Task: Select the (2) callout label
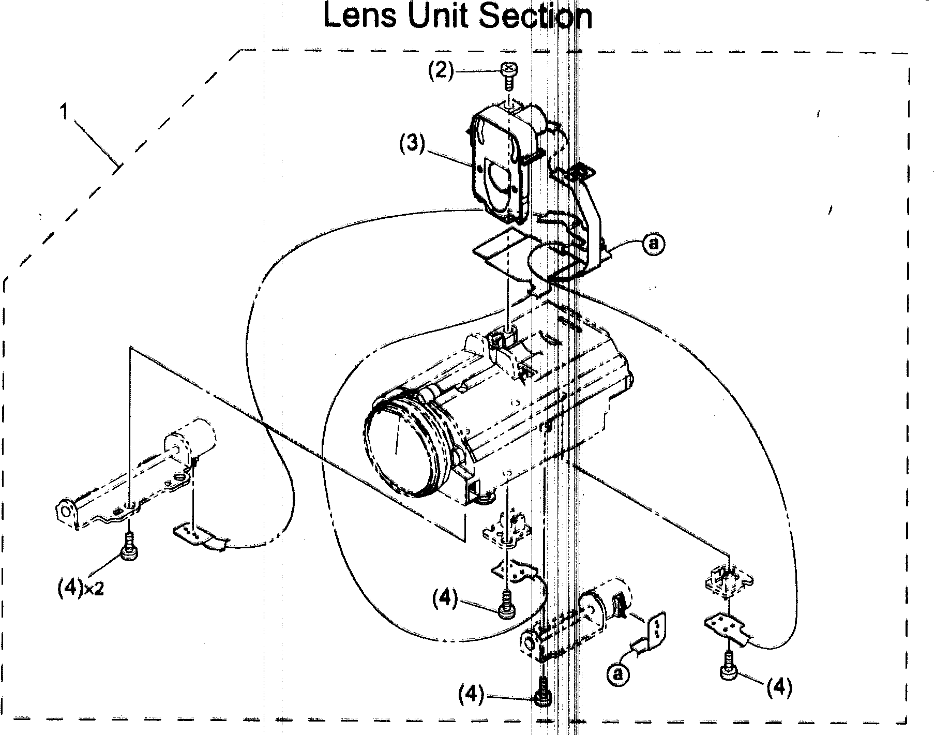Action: [440, 70]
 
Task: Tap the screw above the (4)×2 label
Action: [128, 547]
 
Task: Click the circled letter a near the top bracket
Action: [653, 243]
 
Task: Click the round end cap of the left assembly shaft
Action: [66, 512]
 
